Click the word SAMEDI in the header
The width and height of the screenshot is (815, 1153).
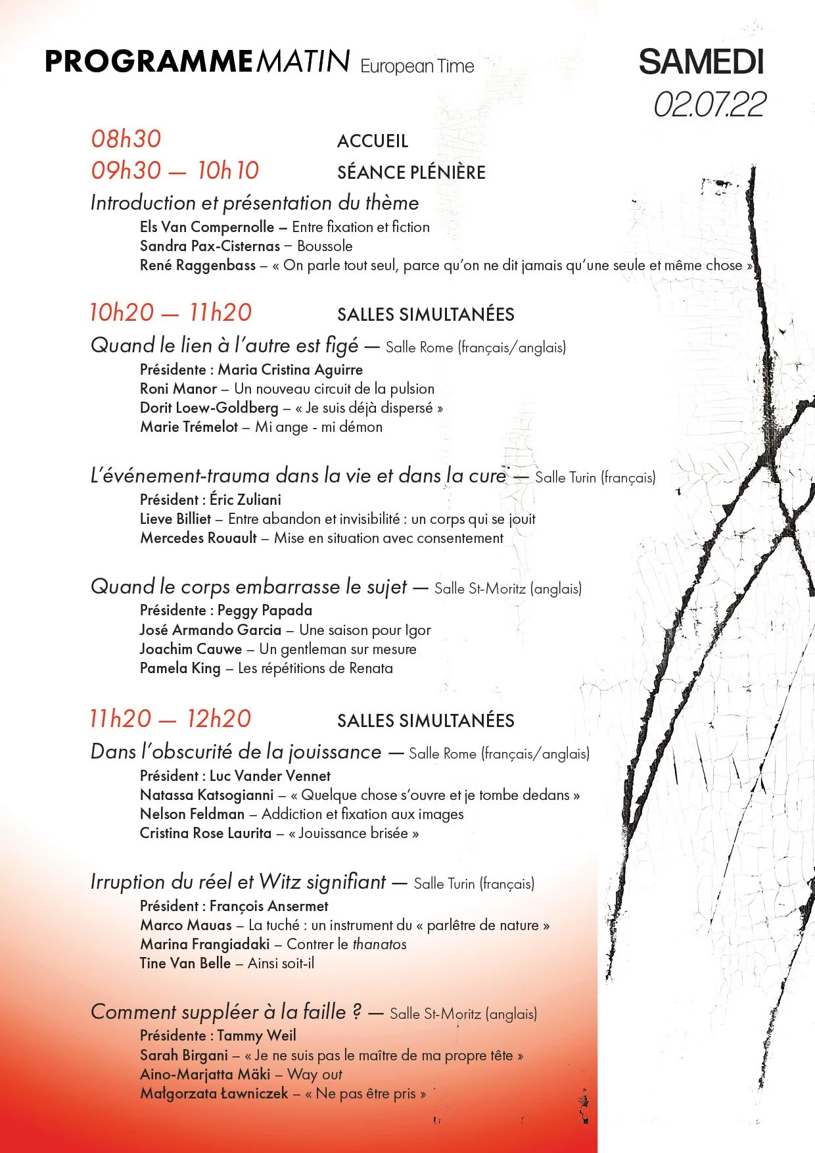pyautogui.click(x=701, y=62)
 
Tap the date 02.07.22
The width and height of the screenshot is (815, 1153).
pyautogui.click(x=709, y=105)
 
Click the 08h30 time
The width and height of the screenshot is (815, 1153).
pyautogui.click(x=126, y=139)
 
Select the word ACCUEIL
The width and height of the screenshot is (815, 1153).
pyautogui.click(x=373, y=141)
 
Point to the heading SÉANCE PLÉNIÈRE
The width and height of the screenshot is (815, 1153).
pyautogui.click(x=411, y=173)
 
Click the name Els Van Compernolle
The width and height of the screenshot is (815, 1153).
pyautogui.click(x=206, y=227)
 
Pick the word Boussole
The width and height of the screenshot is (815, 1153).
pyautogui.click(x=325, y=247)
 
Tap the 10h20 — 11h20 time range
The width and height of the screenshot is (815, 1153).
pyautogui.click(x=171, y=313)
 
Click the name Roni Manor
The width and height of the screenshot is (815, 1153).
pyautogui.click(x=178, y=389)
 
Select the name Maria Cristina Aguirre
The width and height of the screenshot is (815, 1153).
pyautogui.click(x=290, y=370)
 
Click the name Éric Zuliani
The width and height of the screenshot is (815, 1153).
pyautogui.click(x=245, y=500)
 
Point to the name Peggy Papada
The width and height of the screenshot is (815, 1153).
pyautogui.click(x=264, y=611)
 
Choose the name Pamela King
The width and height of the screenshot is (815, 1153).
pyautogui.click(x=180, y=669)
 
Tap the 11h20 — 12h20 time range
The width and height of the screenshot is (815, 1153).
pyautogui.click(x=170, y=719)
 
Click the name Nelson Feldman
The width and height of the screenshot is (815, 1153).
pyautogui.click(x=192, y=814)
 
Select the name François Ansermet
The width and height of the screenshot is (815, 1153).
pyautogui.click(x=269, y=906)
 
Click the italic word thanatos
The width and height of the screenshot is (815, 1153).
pyautogui.click(x=379, y=945)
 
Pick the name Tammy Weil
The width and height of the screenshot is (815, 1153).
pyautogui.click(x=256, y=1036)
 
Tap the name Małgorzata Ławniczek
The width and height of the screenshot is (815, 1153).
pyautogui.click(x=214, y=1094)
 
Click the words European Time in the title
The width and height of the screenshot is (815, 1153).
pyautogui.click(x=417, y=66)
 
